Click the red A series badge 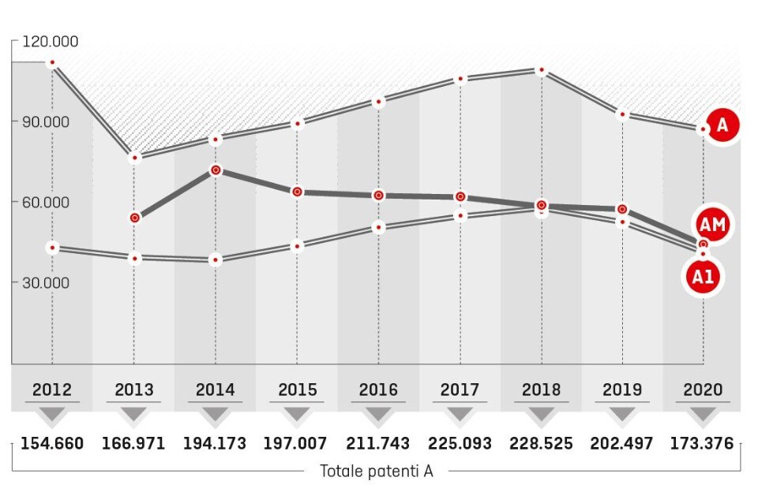click(x=722, y=125)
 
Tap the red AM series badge click(x=713, y=226)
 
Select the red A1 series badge click(x=704, y=276)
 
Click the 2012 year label click(x=52, y=390)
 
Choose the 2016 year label click(x=379, y=390)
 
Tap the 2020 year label click(x=704, y=390)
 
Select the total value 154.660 click(x=52, y=443)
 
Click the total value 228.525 click(x=541, y=443)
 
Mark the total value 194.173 click(x=216, y=443)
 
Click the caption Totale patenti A click(x=377, y=472)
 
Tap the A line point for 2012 click(x=52, y=63)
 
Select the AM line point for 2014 click(x=216, y=170)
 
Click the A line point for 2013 click(x=134, y=158)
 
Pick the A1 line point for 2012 click(x=52, y=248)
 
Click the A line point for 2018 click(x=541, y=71)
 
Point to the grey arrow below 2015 click(x=297, y=414)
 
